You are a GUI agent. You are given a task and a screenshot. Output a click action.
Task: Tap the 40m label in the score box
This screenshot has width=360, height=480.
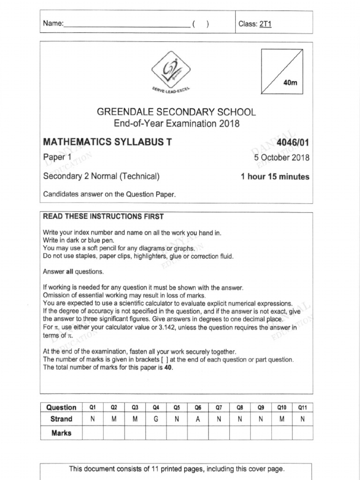coord(291,83)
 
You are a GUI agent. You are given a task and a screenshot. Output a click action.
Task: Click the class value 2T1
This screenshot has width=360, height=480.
coord(265,24)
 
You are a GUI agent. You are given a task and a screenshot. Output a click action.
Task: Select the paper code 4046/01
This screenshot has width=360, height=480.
coord(293,142)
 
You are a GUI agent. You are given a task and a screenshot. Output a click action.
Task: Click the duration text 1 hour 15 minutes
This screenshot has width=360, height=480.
coord(275,177)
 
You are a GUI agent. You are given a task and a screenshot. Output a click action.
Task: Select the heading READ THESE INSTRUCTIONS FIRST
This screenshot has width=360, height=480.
coord(104,217)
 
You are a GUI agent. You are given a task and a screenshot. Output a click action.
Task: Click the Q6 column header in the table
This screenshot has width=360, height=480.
coord(198,407)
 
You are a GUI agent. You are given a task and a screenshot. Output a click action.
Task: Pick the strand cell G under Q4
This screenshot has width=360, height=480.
coord(156,420)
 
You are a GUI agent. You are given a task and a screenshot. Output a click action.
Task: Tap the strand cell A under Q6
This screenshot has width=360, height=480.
coord(198,420)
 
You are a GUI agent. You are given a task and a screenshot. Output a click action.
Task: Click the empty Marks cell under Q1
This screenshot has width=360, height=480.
coord(93,433)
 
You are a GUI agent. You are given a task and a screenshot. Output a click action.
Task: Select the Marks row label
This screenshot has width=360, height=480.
coord(61,433)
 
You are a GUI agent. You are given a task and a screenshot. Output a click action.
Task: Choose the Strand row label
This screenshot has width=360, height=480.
coord(61,419)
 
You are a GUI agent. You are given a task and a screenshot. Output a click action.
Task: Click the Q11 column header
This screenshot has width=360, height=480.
coord(302,407)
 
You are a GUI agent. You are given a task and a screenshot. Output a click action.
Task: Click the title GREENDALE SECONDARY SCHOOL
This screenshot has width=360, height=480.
coord(176,112)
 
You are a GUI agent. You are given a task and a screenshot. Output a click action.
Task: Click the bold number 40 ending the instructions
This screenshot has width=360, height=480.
coord(168,367)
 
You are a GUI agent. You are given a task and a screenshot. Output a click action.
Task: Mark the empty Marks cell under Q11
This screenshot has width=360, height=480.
coord(302,433)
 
